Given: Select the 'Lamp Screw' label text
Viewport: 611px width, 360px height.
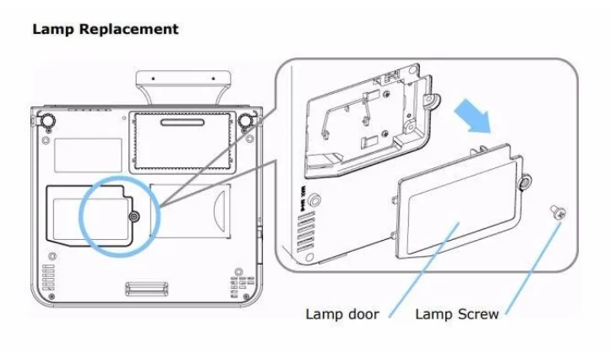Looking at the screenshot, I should coord(457,315).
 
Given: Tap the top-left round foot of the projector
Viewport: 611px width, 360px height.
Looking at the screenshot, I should coord(49,121).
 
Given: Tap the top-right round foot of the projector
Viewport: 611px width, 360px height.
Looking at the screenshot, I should coord(245,121).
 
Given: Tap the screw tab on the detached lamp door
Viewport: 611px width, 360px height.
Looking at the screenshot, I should coord(526,182).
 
